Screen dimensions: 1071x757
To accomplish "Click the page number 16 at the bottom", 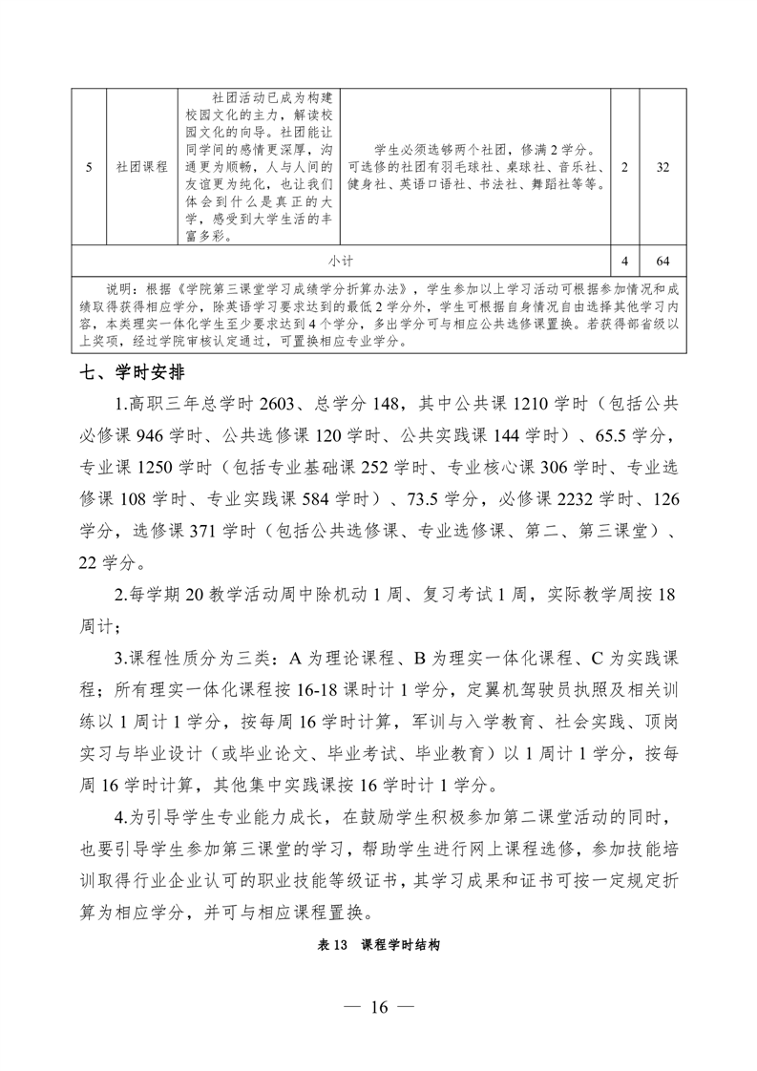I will [378, 1007].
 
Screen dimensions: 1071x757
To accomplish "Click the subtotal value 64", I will [662, 259].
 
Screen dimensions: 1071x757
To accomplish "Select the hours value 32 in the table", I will [662, 166].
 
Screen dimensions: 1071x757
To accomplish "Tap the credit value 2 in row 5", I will [624, 166].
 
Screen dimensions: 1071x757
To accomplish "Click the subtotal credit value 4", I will [624, 259].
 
